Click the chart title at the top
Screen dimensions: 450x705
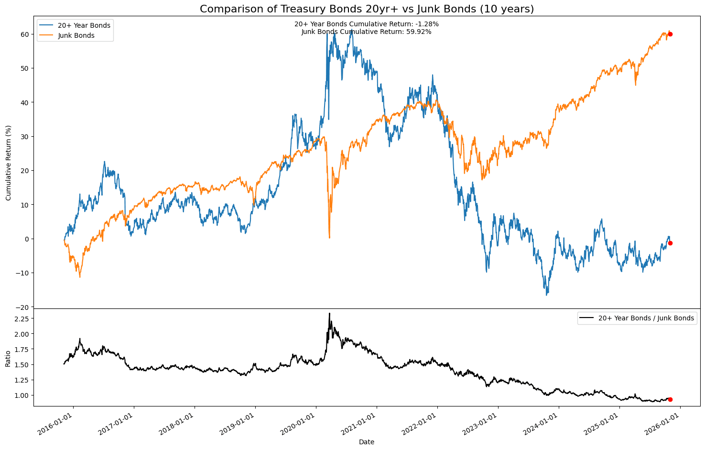click(x=367, y=9)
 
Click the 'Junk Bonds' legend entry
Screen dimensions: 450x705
click(x=79, y=35)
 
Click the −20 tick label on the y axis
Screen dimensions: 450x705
click(x=22, y=307)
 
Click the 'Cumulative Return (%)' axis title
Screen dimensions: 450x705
click(x=8, y=163)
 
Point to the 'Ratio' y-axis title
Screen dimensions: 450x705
click(x=8, y=358)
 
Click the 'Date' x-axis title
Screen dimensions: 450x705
click(x=367, y=442)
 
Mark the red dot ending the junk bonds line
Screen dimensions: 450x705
click(x=670, y=34)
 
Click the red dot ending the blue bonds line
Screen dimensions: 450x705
click(x=670, y=243)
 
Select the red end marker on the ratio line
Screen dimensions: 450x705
click(x=670, y=399)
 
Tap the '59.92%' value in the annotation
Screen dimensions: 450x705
click(x=419, y=32)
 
